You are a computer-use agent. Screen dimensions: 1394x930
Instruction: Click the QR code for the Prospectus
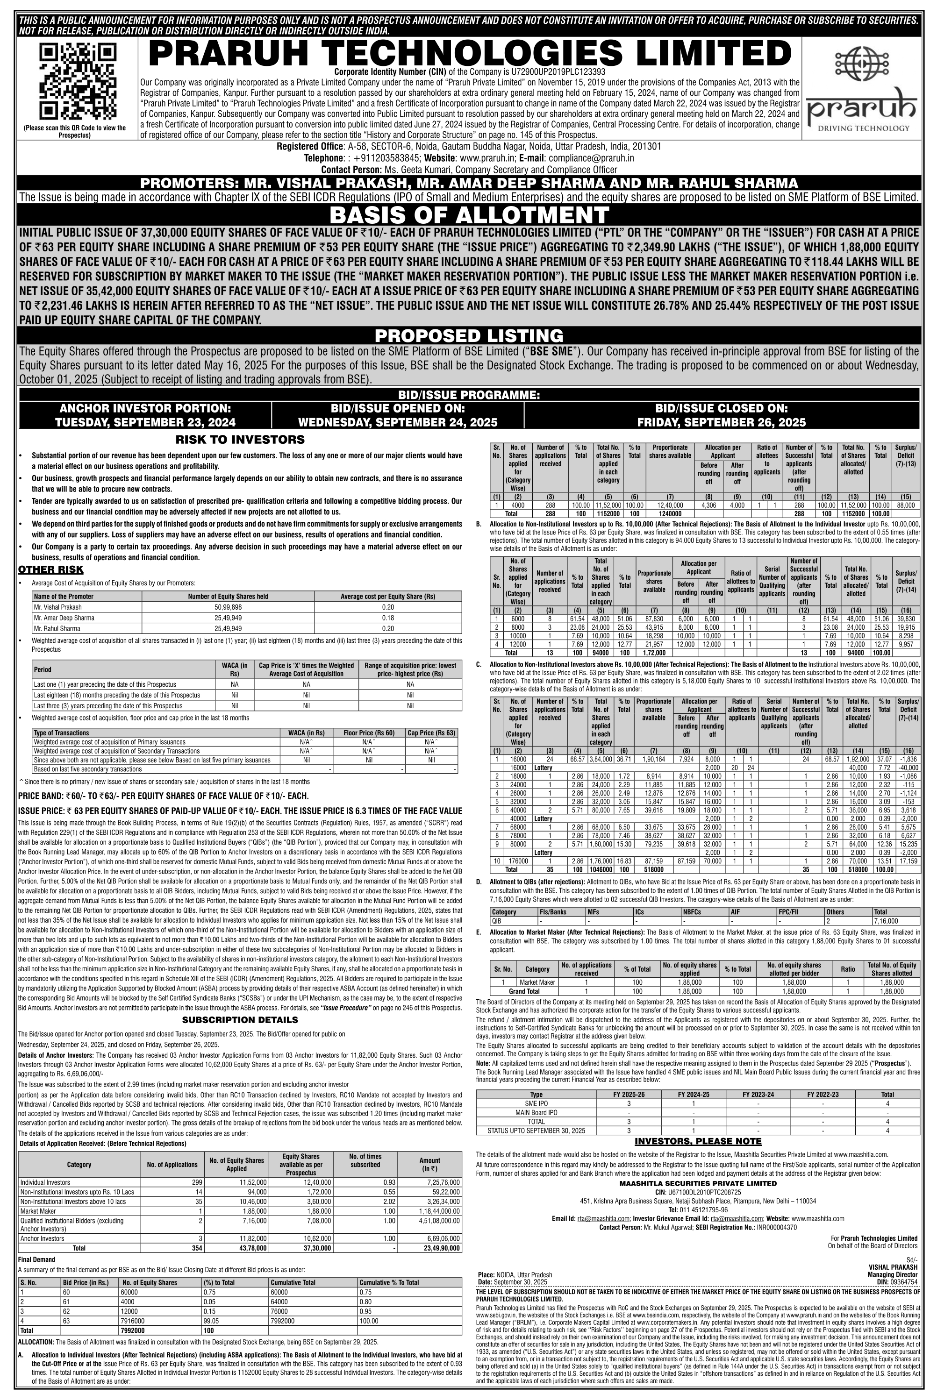74,81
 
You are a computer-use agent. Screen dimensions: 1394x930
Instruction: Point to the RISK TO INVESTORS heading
240,440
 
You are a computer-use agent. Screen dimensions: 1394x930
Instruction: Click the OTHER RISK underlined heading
50,570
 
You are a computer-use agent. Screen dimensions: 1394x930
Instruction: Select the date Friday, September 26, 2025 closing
721,422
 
